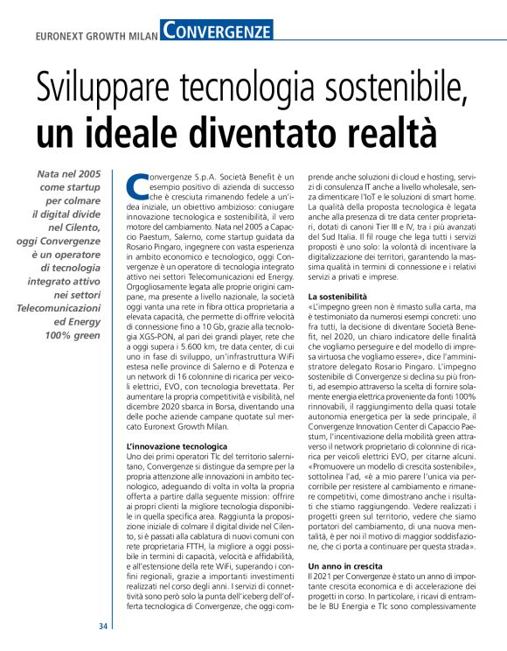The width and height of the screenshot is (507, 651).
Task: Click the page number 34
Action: pyautogui.click(x=103, y=626)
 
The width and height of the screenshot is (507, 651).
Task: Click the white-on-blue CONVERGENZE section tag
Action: pyautogui.click(x=217, y=31)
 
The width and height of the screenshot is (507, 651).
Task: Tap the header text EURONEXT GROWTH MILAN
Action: pyautogui.click(x=95, y=37)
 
